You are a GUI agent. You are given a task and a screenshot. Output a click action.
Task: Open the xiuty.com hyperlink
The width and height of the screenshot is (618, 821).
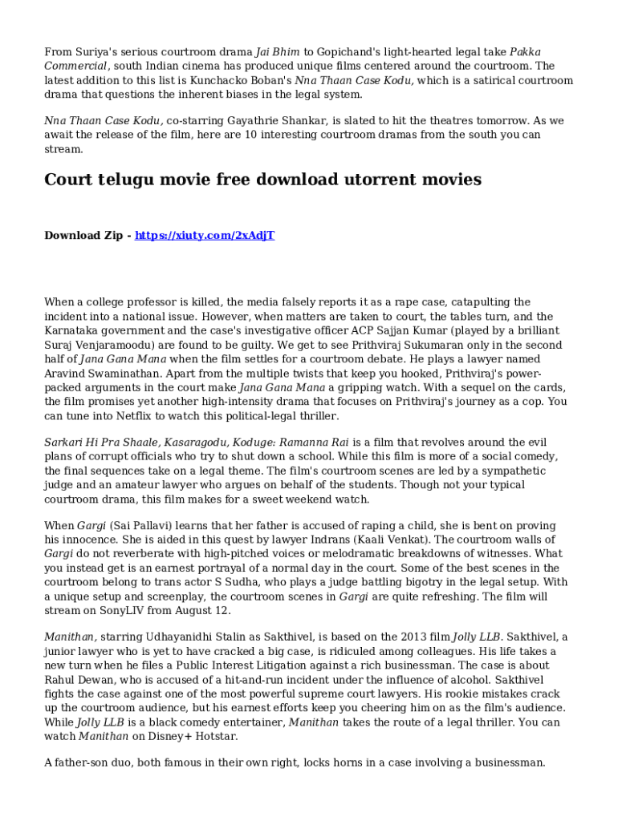point(205,235)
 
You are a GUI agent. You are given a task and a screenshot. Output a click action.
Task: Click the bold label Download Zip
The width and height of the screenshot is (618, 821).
point(83,235)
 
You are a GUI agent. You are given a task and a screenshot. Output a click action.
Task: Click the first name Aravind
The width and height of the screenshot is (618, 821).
point(68,374)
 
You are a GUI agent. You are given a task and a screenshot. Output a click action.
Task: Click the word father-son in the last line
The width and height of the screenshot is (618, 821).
point(84,762)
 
